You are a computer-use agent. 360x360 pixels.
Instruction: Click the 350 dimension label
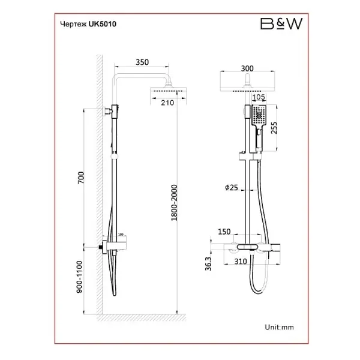142,62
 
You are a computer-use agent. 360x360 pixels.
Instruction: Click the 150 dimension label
224,231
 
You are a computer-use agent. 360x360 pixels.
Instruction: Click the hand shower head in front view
259,115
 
